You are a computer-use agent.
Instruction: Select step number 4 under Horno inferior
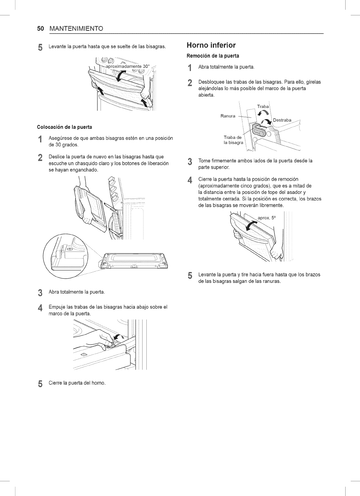click(191, 180)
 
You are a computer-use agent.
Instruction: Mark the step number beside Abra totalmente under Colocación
click(40, 292)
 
